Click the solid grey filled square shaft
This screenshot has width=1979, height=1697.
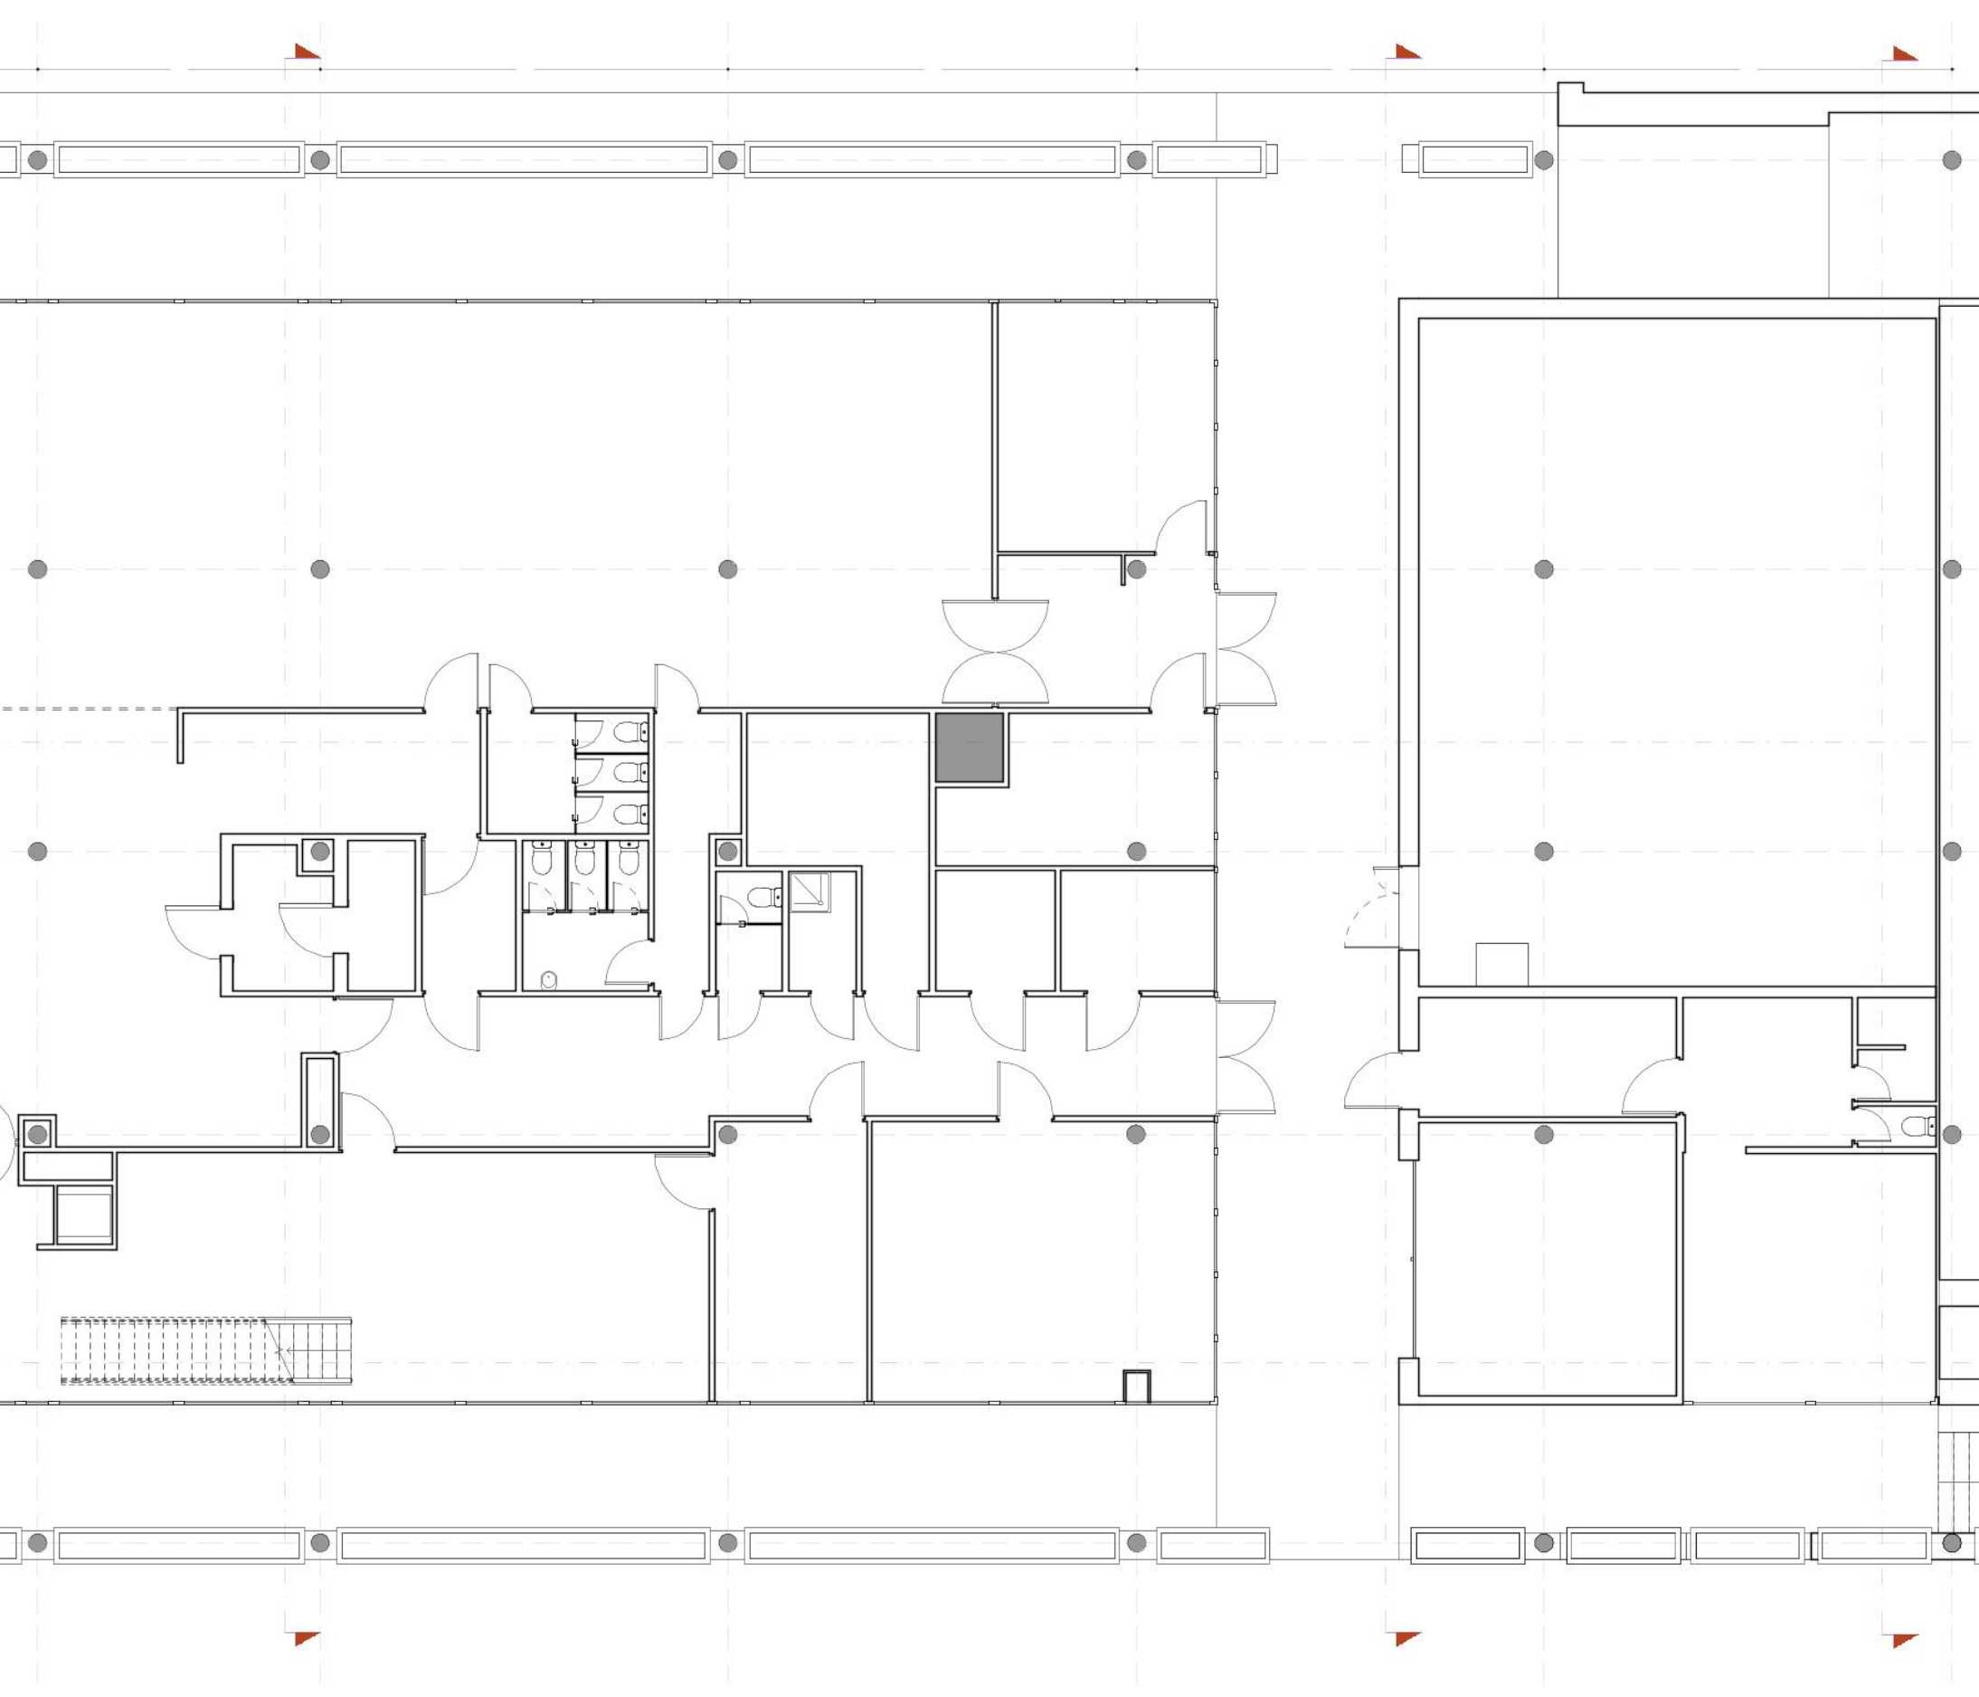point(969,748)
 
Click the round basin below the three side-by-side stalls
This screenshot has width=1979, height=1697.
point(549,979)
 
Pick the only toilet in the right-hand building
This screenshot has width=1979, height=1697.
point(1916,1127)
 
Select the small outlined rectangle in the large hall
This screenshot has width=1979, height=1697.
point(1501,964)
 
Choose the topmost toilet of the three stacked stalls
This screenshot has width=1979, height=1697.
point(627,733)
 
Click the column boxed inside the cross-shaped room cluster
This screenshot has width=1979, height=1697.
point(319,852)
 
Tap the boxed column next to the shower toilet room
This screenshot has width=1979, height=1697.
point(728,851)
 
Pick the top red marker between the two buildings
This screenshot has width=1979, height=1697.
point(1406,52)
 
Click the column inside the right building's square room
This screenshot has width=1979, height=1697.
point(1543,1134)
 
